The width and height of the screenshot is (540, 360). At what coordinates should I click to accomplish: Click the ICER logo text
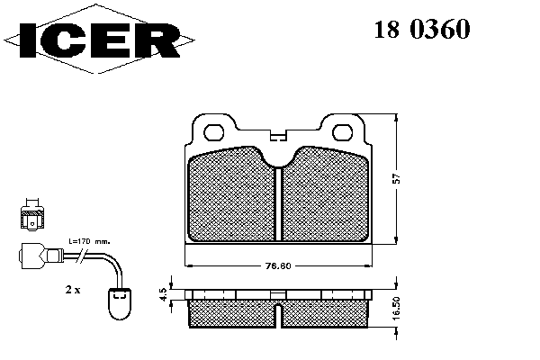99,40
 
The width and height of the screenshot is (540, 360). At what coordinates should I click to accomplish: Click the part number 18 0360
422,29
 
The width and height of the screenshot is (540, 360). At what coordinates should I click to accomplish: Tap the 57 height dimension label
397,178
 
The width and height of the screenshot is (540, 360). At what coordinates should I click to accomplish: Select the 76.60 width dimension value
278,266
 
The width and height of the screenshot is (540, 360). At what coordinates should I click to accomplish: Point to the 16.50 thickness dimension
397,309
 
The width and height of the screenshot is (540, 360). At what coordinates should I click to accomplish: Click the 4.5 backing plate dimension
164,294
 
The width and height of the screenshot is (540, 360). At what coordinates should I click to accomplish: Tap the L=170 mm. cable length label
89,242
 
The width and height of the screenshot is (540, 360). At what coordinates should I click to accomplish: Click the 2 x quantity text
73,290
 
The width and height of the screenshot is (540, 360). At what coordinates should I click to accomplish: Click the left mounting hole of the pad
214,132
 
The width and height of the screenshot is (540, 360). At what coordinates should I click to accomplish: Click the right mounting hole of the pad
342,132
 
